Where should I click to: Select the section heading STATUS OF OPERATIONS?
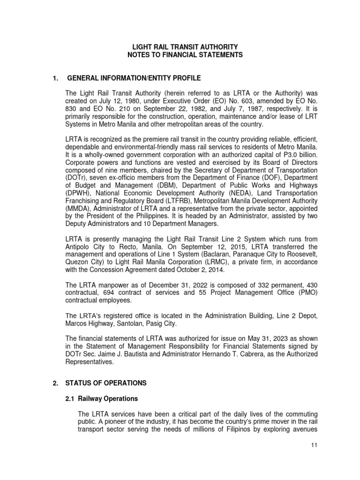tap(106, 383)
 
